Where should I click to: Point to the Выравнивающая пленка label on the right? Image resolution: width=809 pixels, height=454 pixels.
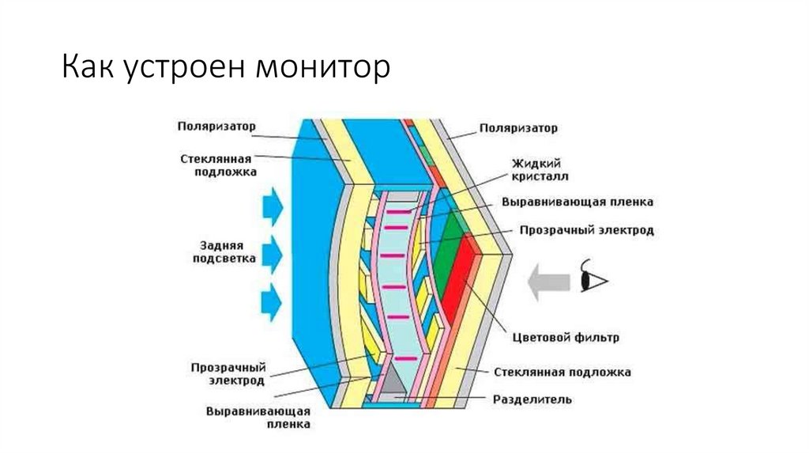[577, 202]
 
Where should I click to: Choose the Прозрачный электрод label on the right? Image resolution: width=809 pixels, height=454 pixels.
[586, 230]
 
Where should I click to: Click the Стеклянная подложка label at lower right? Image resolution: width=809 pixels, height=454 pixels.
[562, 371]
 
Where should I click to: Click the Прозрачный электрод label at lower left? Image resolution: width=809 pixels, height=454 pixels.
[228, 374]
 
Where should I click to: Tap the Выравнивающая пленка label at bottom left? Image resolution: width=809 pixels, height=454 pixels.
[258, 418]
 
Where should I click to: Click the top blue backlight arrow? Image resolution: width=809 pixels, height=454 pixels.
[271, 205]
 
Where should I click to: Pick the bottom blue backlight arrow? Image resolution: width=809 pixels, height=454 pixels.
[271, 301]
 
